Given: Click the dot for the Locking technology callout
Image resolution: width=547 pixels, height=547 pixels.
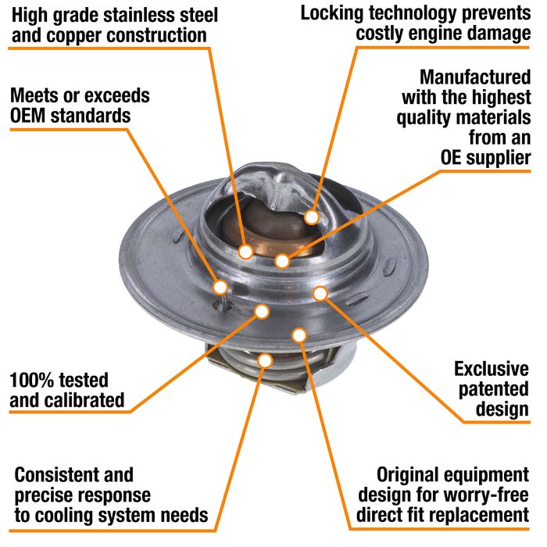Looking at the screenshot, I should point(312,216).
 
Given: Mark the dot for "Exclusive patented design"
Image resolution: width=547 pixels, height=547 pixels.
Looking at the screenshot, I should point(319,293).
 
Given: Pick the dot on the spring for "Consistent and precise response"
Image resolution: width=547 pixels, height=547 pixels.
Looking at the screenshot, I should point(265,360).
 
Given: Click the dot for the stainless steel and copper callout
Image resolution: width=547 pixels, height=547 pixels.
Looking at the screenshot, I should point(245,252).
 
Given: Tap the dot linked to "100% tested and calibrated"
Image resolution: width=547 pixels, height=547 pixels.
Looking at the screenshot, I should point(262,311).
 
